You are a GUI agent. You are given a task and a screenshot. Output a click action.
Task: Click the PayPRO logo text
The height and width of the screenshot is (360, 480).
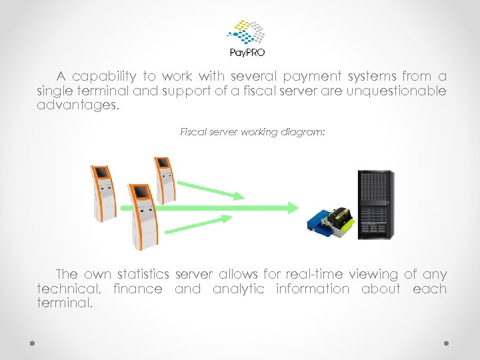(247, 53)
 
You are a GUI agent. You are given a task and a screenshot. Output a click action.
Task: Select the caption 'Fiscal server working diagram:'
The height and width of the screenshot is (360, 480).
(253, 132)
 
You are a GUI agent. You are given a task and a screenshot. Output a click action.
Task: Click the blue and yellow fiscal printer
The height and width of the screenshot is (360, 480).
(331, 217)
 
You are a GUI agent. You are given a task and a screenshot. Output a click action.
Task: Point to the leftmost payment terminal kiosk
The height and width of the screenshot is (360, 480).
(103, 193)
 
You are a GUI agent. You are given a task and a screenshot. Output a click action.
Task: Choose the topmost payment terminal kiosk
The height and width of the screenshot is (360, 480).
(164, 181)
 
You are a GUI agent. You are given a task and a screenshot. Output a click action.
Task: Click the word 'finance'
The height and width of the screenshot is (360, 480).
(137, 289)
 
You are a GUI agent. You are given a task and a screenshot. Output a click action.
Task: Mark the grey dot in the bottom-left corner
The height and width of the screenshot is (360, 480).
(32, 343)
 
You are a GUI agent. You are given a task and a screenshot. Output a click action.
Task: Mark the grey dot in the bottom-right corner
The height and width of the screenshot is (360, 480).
(447, 343)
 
